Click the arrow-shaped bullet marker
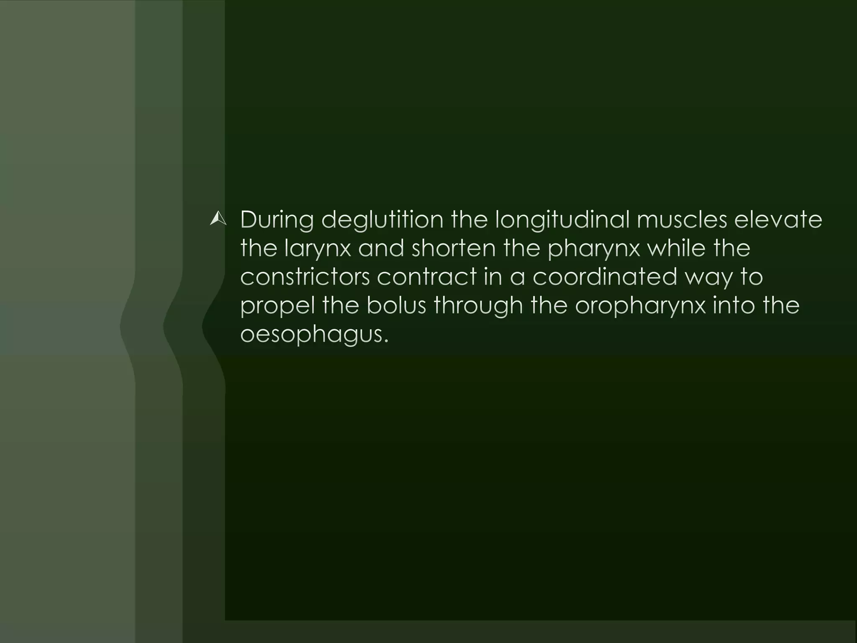tap(218, 219)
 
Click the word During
tap(277, 220)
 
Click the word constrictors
tap(305, 277)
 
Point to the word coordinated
tap(605, 277)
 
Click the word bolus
tap(396, 305)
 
